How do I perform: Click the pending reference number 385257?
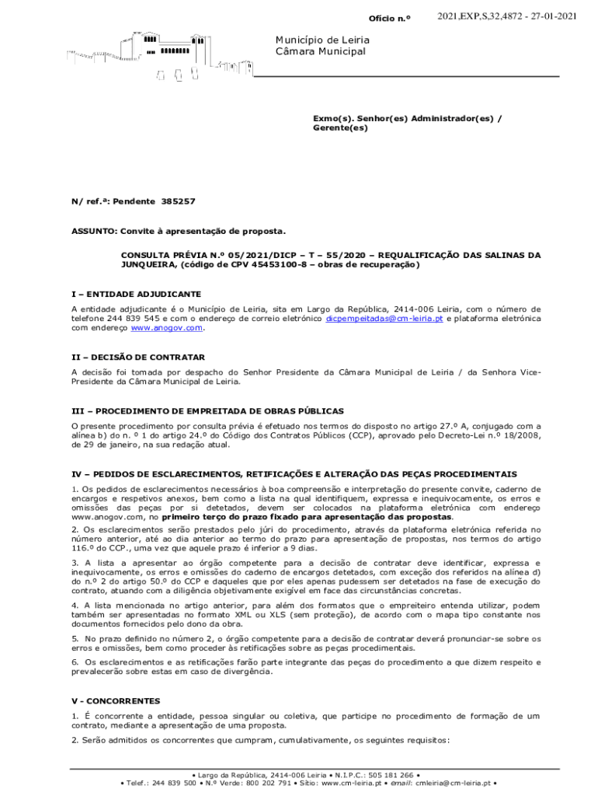(x=179, y=201)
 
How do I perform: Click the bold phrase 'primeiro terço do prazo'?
(x=215, y=517)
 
